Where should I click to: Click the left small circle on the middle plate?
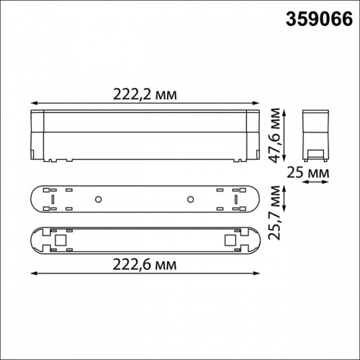[99, 199]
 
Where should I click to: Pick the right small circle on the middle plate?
[191, 199]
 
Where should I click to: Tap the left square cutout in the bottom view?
[60, 238]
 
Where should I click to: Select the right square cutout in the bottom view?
[230, 238]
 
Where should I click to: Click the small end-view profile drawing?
[314, 135]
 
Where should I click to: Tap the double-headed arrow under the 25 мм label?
[314, 183]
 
